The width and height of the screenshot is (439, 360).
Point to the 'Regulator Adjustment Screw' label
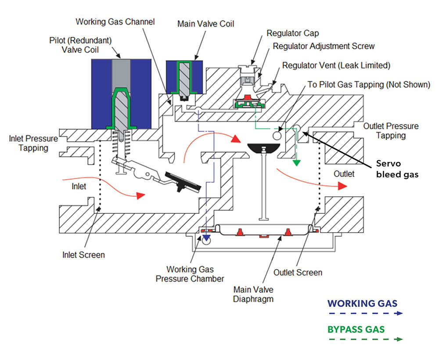(x=324, y=46)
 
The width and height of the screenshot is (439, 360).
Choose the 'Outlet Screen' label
(x=298, y=273)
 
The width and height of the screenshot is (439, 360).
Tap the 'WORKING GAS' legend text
(x=362, y=303)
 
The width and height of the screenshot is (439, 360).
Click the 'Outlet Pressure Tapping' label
(x=391, y=131)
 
